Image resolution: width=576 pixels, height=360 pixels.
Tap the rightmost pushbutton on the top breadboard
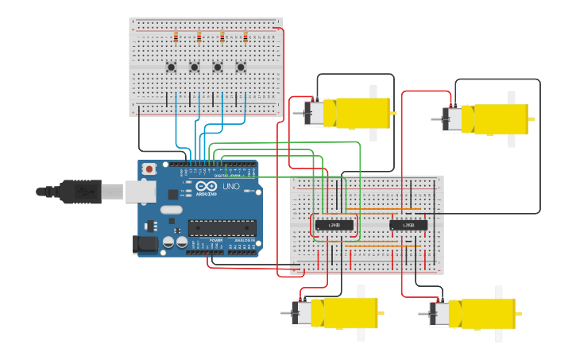(241, 67)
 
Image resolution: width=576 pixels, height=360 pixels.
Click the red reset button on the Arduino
(149, 168)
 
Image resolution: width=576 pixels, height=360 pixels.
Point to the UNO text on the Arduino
(230, 186)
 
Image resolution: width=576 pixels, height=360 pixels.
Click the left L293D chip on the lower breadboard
(334, 225)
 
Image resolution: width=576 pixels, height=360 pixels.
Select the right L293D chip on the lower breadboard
(408, 225)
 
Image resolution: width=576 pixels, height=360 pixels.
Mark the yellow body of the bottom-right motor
(483, 313)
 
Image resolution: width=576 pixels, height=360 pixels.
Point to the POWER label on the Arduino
(216, 239)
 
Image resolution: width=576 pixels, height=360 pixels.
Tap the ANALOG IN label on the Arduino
(245, 239)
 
